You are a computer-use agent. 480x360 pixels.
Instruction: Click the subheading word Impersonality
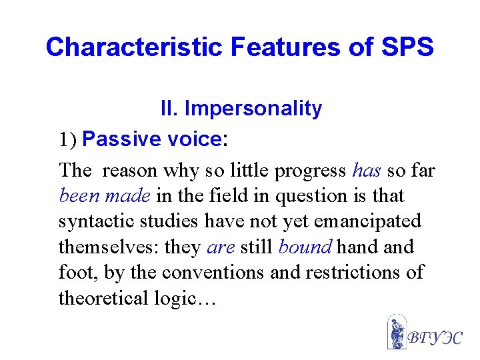pos(253,109)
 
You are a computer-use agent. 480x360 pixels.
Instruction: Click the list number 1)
pos(69,140)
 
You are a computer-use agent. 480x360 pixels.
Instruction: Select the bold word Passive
pos(123,139)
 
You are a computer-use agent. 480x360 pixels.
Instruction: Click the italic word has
pos(367,171)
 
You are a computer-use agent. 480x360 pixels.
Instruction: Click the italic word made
pos(133,196)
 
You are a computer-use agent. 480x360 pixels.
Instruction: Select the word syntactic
pos(92,222)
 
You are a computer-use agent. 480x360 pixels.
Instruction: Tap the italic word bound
pos(305,247)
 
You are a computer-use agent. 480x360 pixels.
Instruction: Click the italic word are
pos(220,247)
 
